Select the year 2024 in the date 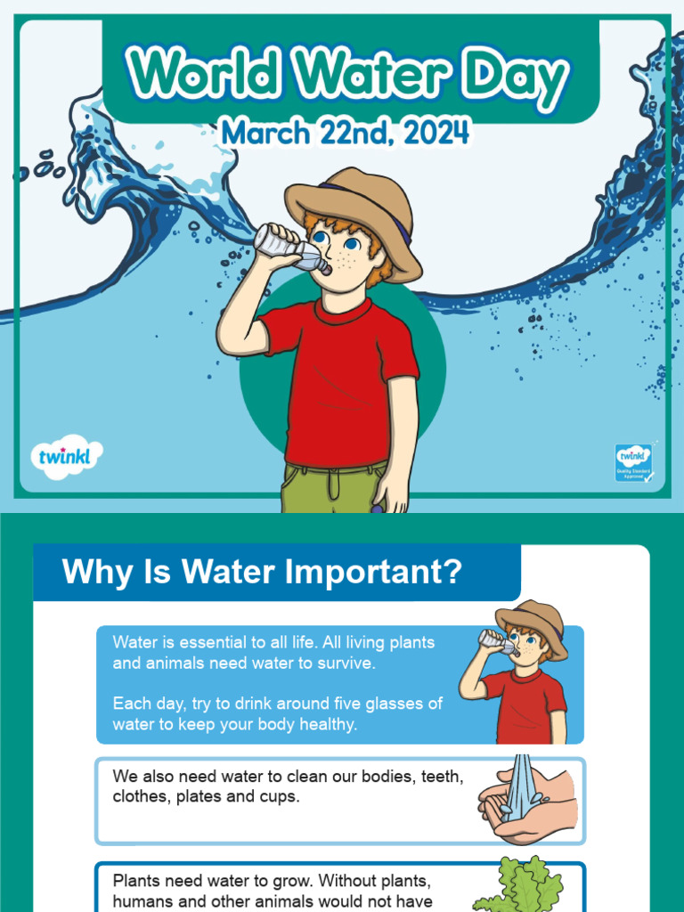(x=435, y=134)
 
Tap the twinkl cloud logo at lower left (x=66, y=458)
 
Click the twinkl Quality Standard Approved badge (x=633, y=462)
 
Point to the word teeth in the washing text (x=442, y=777)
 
